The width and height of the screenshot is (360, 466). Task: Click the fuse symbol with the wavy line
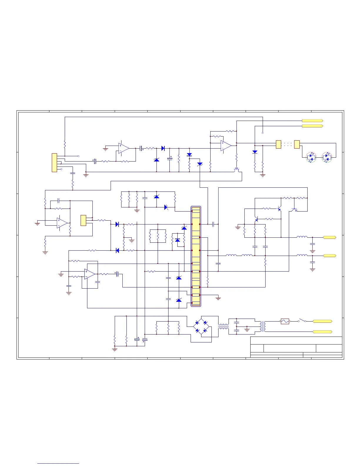click(x=285, y=321)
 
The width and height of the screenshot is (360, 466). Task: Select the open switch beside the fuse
click(x=302, y=320)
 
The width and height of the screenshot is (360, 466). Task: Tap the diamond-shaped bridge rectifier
click(x=201, y=327)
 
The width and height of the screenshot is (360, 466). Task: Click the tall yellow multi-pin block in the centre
click(x=196, y=256)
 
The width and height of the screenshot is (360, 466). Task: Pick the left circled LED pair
click(x=311, y=157)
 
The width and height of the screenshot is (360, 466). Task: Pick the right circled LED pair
click(x=326, y=157)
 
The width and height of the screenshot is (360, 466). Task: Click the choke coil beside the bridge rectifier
click(x=224, y=327)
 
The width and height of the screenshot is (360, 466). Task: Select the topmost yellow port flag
click(x=312, y=121)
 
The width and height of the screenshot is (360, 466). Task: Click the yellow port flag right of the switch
click(x=322, y=321)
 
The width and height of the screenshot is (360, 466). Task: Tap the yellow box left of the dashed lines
click(x=279, y=144)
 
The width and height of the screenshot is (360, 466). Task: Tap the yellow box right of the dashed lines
click(x=297, y=144)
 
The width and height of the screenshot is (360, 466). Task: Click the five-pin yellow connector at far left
click(x=54, y=162)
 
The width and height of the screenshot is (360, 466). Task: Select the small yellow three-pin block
click(x=83, y=220)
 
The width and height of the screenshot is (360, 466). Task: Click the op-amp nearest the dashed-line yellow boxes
click(x=226, y=146)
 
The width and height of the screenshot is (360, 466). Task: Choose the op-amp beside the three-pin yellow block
click(x=62, y=223)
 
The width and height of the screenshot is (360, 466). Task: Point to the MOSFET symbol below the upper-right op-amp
click(x=236, y=170)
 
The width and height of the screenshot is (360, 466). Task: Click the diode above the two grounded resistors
click(x=255, y=152)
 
